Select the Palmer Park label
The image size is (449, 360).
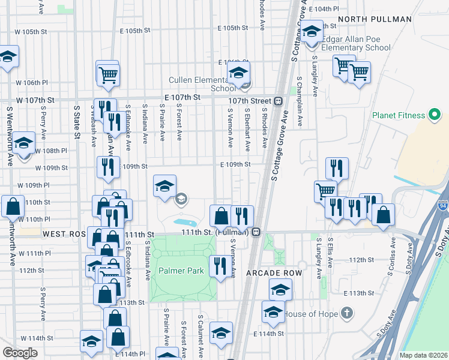181,271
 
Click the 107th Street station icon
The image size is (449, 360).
279,101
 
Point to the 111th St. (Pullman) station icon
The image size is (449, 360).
256,232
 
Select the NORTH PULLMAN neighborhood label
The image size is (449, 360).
375,19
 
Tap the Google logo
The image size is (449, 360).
20,353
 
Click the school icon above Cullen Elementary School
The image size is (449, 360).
238,74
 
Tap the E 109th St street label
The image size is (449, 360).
235,164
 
